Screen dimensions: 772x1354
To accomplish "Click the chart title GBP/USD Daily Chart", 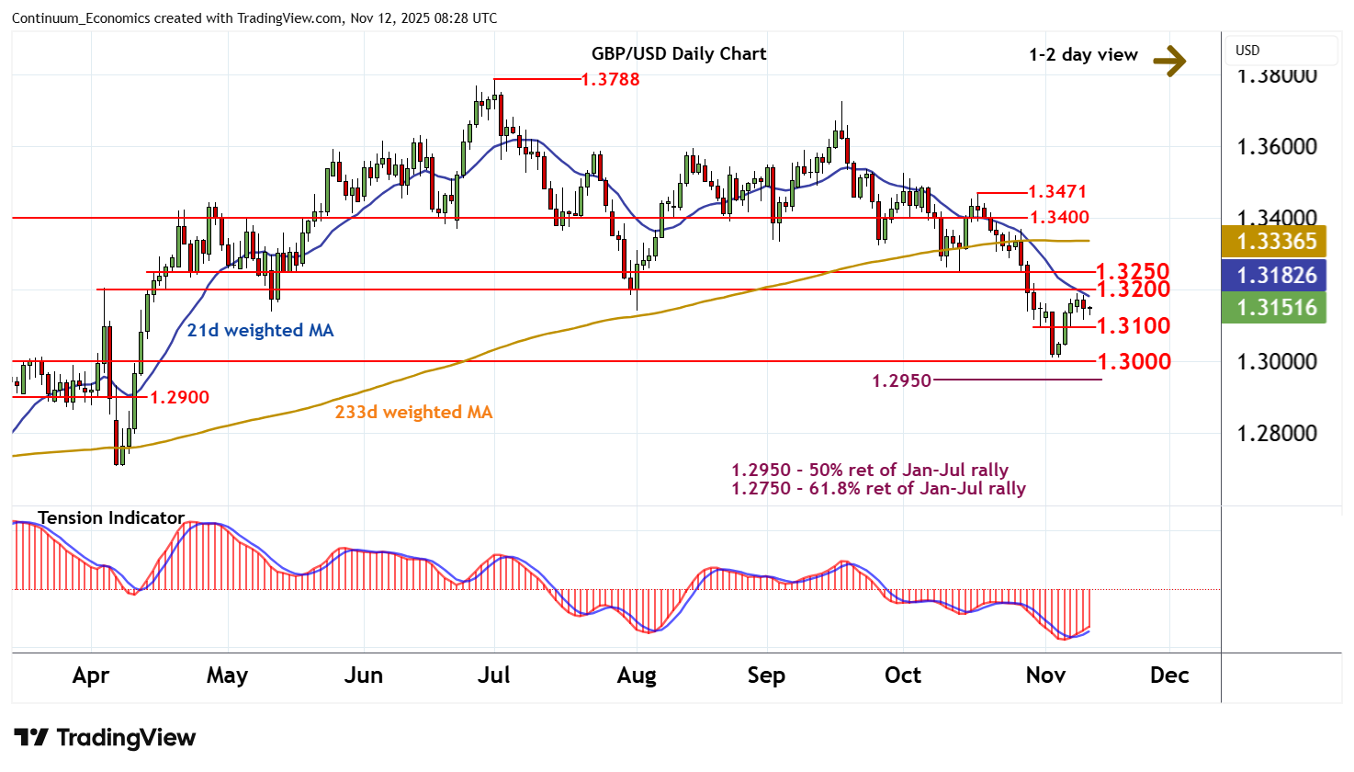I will pyautogui.click(x=678, y=53).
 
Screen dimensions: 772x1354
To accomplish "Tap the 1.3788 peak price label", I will pyautogui.click(x=610, y=79).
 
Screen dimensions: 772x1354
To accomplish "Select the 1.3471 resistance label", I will pyautogui.click(x=1056, y=191).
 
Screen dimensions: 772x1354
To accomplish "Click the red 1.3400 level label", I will pyautogui.click(x=1059, y=217).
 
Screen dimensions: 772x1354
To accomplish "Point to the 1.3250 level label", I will pyautogui.click(x=1133, y=271).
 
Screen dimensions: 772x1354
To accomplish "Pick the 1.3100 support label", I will pyautogui.click(x=1133, y=325).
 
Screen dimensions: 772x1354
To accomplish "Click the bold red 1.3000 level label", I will pyautogui.click(x=1134, y=361).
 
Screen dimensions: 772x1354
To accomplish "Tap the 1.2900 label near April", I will pyautogui.click(x=179, y=397).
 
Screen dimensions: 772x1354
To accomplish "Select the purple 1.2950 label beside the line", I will pyautogui.click(x=900, y=380).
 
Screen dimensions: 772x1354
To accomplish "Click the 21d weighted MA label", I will pyautogui.click(x=260, y=330).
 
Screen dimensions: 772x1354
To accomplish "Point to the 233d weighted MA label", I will pyautogui.click(x=413, y=412).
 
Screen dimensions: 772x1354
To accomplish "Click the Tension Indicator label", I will pyautogui.click(x=111, y=517).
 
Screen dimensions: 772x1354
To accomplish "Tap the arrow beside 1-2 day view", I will pyautogui.click(x=1169, y=62).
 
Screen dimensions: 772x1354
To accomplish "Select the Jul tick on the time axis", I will pyautogui.click(x=494, y=675).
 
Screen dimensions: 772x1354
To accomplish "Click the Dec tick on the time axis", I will pyautogui.click(x=1169, y=675).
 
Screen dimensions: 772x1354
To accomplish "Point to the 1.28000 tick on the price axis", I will pyautogui.click(x=1276, y=433).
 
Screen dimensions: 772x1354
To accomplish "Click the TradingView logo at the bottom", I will pyautogui.click(x=105, y=738).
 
